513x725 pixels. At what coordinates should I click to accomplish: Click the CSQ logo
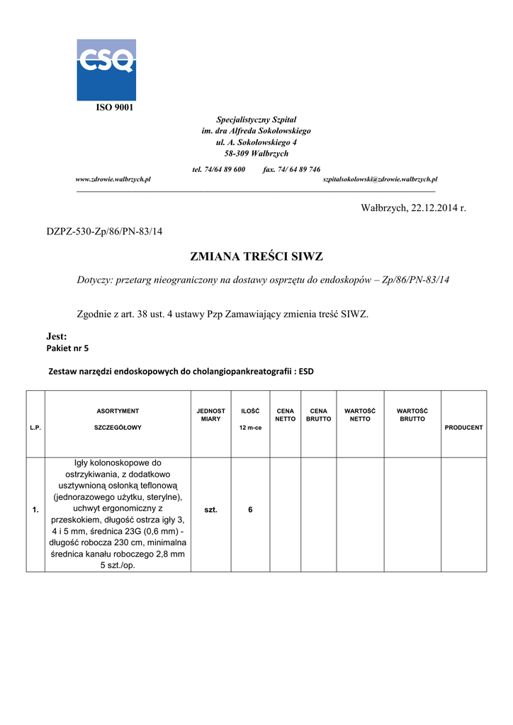tap(106, 69)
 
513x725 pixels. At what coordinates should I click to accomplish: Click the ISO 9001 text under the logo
tap(114, 108)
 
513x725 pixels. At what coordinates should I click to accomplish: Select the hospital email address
tap(380, 180)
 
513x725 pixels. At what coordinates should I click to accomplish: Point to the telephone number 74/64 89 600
tap(219, 169)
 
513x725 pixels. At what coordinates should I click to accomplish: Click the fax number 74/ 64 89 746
tap(291, 169)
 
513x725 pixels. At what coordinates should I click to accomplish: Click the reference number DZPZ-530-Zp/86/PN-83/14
tap(105, 232)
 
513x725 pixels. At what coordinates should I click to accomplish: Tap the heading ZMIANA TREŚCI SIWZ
tap(256, 256)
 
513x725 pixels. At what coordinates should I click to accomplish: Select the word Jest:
tap(57, 336)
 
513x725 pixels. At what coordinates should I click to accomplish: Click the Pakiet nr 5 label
tap(67, 348)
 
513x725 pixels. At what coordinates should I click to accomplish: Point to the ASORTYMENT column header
tap(118, 411)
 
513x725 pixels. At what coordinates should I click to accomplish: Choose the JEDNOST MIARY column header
tap(210, 415)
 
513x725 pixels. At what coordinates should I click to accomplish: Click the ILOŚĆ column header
tap(250, 411)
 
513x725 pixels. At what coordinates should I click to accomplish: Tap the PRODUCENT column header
tap(463, 428)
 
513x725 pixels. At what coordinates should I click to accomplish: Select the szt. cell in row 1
tap(210, 510)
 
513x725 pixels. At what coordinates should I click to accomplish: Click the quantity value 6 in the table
tap(250, 510)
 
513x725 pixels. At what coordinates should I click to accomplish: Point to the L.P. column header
tap(35, 428)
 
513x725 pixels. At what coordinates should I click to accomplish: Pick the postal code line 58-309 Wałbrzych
tap(256, 154)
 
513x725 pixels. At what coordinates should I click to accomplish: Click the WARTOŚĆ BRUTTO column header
tap(412, 415)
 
